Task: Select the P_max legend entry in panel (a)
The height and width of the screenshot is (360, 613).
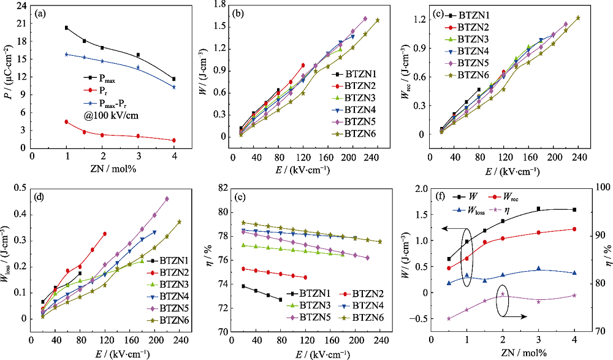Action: coord(108,79)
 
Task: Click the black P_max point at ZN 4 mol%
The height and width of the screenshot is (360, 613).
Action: coord(174,79)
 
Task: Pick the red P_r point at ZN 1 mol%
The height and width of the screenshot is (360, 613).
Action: coord(66,121)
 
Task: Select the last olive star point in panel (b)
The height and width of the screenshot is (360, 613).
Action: coord(378,20)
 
